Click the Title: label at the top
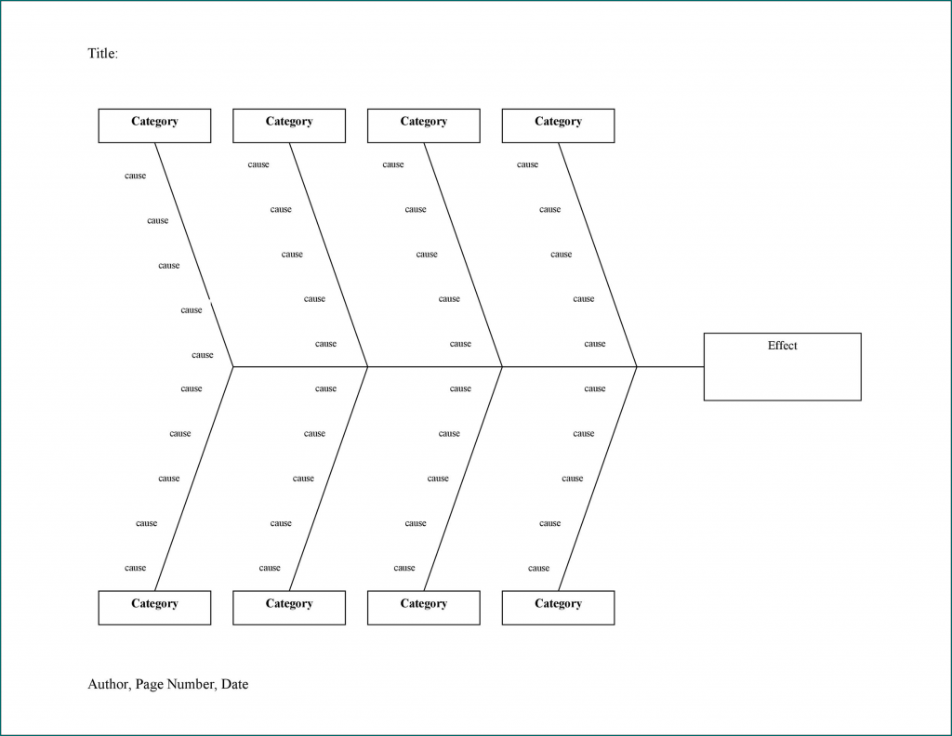102,54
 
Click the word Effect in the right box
782,346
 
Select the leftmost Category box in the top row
154,125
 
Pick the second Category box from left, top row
289,125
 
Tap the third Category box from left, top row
423,125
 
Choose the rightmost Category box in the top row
558,125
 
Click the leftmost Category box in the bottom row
154,608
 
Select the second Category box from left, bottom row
289,608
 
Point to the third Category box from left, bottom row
423,608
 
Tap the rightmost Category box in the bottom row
558,608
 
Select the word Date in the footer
234,685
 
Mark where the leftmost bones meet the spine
233,367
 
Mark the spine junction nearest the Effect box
637,367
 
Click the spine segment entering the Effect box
670,367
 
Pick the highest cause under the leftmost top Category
136,177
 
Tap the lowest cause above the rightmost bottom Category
538,569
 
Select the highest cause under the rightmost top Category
527,165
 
